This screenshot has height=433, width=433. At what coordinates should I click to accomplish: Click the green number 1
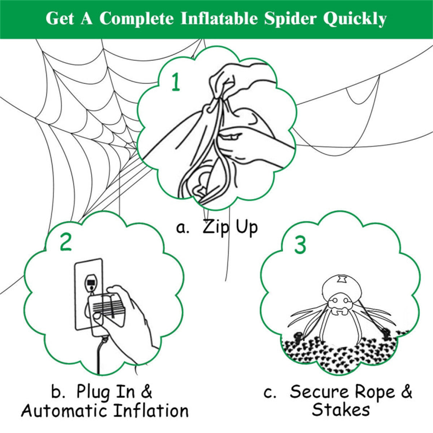pos(176,82)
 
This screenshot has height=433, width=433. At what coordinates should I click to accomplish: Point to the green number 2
pos(66,242)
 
